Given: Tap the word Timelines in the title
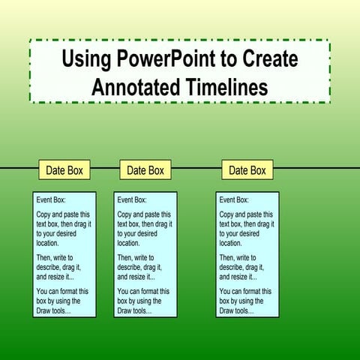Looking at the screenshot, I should tap(227, 86).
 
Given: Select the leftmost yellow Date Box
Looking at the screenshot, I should tap(64, 170).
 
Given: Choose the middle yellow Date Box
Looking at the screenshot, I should tap(145, 170).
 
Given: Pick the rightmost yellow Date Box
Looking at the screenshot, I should tap(247, 170).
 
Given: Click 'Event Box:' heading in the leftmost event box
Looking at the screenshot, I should tap(52, 200).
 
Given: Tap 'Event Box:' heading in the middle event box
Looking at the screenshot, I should tap(133, 200).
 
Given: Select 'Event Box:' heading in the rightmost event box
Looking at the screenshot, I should tap(235, 200).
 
